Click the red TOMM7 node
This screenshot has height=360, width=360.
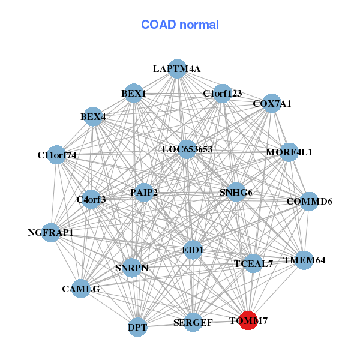click(x=248, y=321)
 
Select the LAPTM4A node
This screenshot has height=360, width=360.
click(x=176, y=69)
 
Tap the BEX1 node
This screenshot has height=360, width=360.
click(x=133, y=94)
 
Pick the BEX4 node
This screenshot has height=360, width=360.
click(x=93, y=116)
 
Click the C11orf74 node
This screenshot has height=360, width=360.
click(x=56, y=155)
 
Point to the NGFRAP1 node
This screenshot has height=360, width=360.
click(x=50, y=232)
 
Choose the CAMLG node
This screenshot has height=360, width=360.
click(x=80, y=289)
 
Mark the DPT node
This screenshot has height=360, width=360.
click(x=137, y=327)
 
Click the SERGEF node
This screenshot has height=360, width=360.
click(x=193, y=323)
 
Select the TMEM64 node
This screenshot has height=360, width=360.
click(x=304, y=260)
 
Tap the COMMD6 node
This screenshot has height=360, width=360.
click(x=309, y=201)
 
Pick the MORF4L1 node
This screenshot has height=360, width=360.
click(x=289, y=152)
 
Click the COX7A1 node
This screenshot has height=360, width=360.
click(x=272, y=104)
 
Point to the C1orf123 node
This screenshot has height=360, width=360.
click(x=222, y=94)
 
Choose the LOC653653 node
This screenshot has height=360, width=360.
click(x=187, y=149)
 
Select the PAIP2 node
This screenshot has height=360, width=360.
click(x=144, y=193)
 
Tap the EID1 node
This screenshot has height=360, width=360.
click(x=193, y=249)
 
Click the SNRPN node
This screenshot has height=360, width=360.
click(x=132, y=268)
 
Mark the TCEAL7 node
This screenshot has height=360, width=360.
click(x=253, y=263)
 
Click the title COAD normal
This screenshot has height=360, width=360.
click(x=180, y=25)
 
